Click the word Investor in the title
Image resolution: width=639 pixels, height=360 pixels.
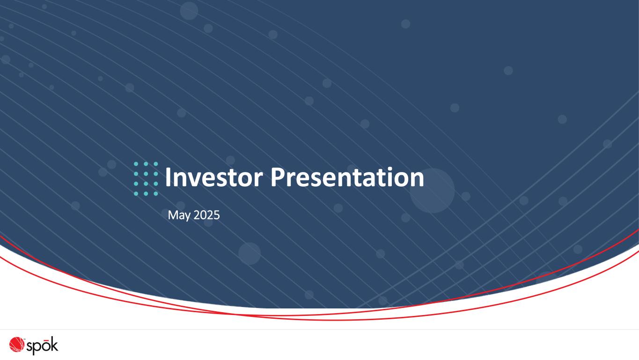click(x=214, y=177)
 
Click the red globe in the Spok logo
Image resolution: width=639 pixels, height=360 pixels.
click(x=17, y=345)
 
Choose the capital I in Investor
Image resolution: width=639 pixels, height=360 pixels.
click(x=168, y=177)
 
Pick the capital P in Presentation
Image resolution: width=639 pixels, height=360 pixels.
click(x=277, y=177)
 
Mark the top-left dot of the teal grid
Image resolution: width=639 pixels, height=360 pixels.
click(x=136, y=164)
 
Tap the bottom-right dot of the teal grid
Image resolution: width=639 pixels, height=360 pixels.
click(x=156, y=194)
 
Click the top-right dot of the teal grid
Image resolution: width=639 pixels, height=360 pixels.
click(x=156, y=164)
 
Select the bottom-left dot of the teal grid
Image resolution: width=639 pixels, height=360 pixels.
click(x=136, y=194)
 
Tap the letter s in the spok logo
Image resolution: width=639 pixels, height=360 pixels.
click(x=29, y=347)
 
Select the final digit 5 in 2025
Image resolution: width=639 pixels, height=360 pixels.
click(x=217, y=215)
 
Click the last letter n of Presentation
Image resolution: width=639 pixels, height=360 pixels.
click(x=418, y=180)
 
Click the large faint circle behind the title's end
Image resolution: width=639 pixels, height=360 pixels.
click(x=432, y=191)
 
